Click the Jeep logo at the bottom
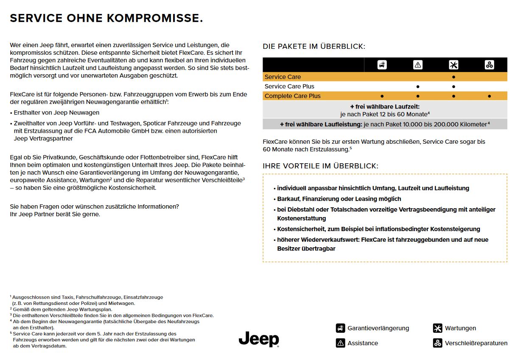pos(259,339)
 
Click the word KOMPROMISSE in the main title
pos(154,18)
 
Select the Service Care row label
pos(283,77)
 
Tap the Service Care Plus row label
pos(289,87)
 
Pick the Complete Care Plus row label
pos(292,96)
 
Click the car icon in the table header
pos(382,65)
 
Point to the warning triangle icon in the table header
pos(418,65)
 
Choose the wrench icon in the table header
pos(454,65)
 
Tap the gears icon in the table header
pos(490,65)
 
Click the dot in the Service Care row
pos(454,77)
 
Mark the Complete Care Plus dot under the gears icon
pos(490,96)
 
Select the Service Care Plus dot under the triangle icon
pos(418,87)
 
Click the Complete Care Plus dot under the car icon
pos(382,96)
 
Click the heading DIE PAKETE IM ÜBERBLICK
pos(314,47)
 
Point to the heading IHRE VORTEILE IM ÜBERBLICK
pos(320,166)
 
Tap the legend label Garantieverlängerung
pos(378,328)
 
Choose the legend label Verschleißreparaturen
pos(476,343)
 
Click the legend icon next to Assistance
pos(340,343)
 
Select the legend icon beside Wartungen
pos(437,328)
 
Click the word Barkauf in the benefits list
pos(288,199)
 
